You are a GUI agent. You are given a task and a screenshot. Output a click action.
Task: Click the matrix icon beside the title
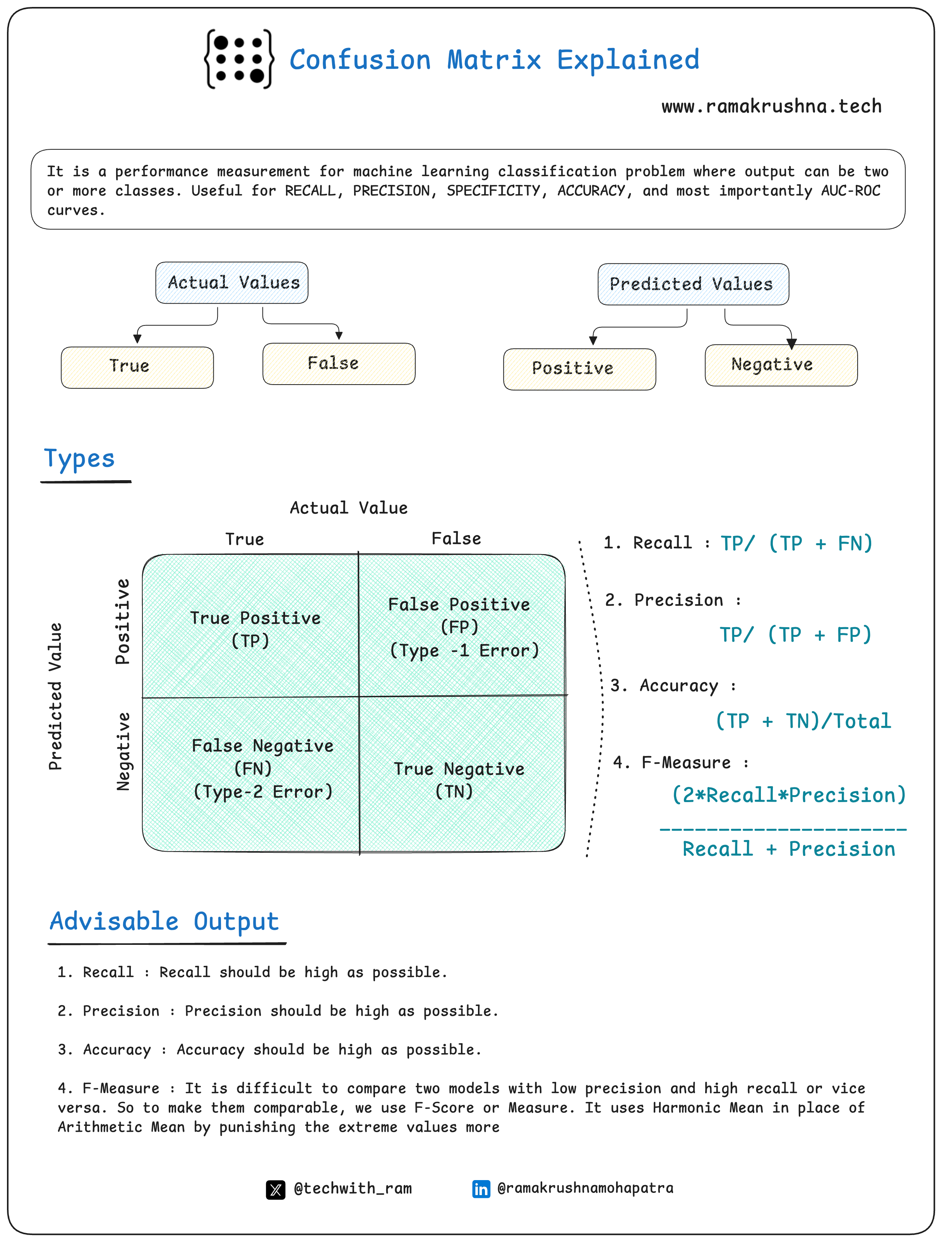[239, 59]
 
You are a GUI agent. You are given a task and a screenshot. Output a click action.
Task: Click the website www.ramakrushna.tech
[771, 106]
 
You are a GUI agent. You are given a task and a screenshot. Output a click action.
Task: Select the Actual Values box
[232, 282]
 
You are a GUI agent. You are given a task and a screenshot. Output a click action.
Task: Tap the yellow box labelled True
[137, 367]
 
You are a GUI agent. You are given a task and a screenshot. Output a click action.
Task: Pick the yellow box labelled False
[339, 364]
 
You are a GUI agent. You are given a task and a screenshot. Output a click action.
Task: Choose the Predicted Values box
[693, 284]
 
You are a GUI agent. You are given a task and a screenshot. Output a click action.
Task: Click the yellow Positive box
[579, 369]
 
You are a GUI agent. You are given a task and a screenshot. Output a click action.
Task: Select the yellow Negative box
[781, 365]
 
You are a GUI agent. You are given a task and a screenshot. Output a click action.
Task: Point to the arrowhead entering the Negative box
[791, 343]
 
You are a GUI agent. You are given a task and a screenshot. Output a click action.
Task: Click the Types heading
[80, 459]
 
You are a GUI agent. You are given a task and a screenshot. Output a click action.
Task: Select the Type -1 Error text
[464, 650]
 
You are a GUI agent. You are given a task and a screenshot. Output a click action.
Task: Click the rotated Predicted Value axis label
[55, 696]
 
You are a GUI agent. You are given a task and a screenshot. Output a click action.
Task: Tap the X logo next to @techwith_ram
[275, 1189]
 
